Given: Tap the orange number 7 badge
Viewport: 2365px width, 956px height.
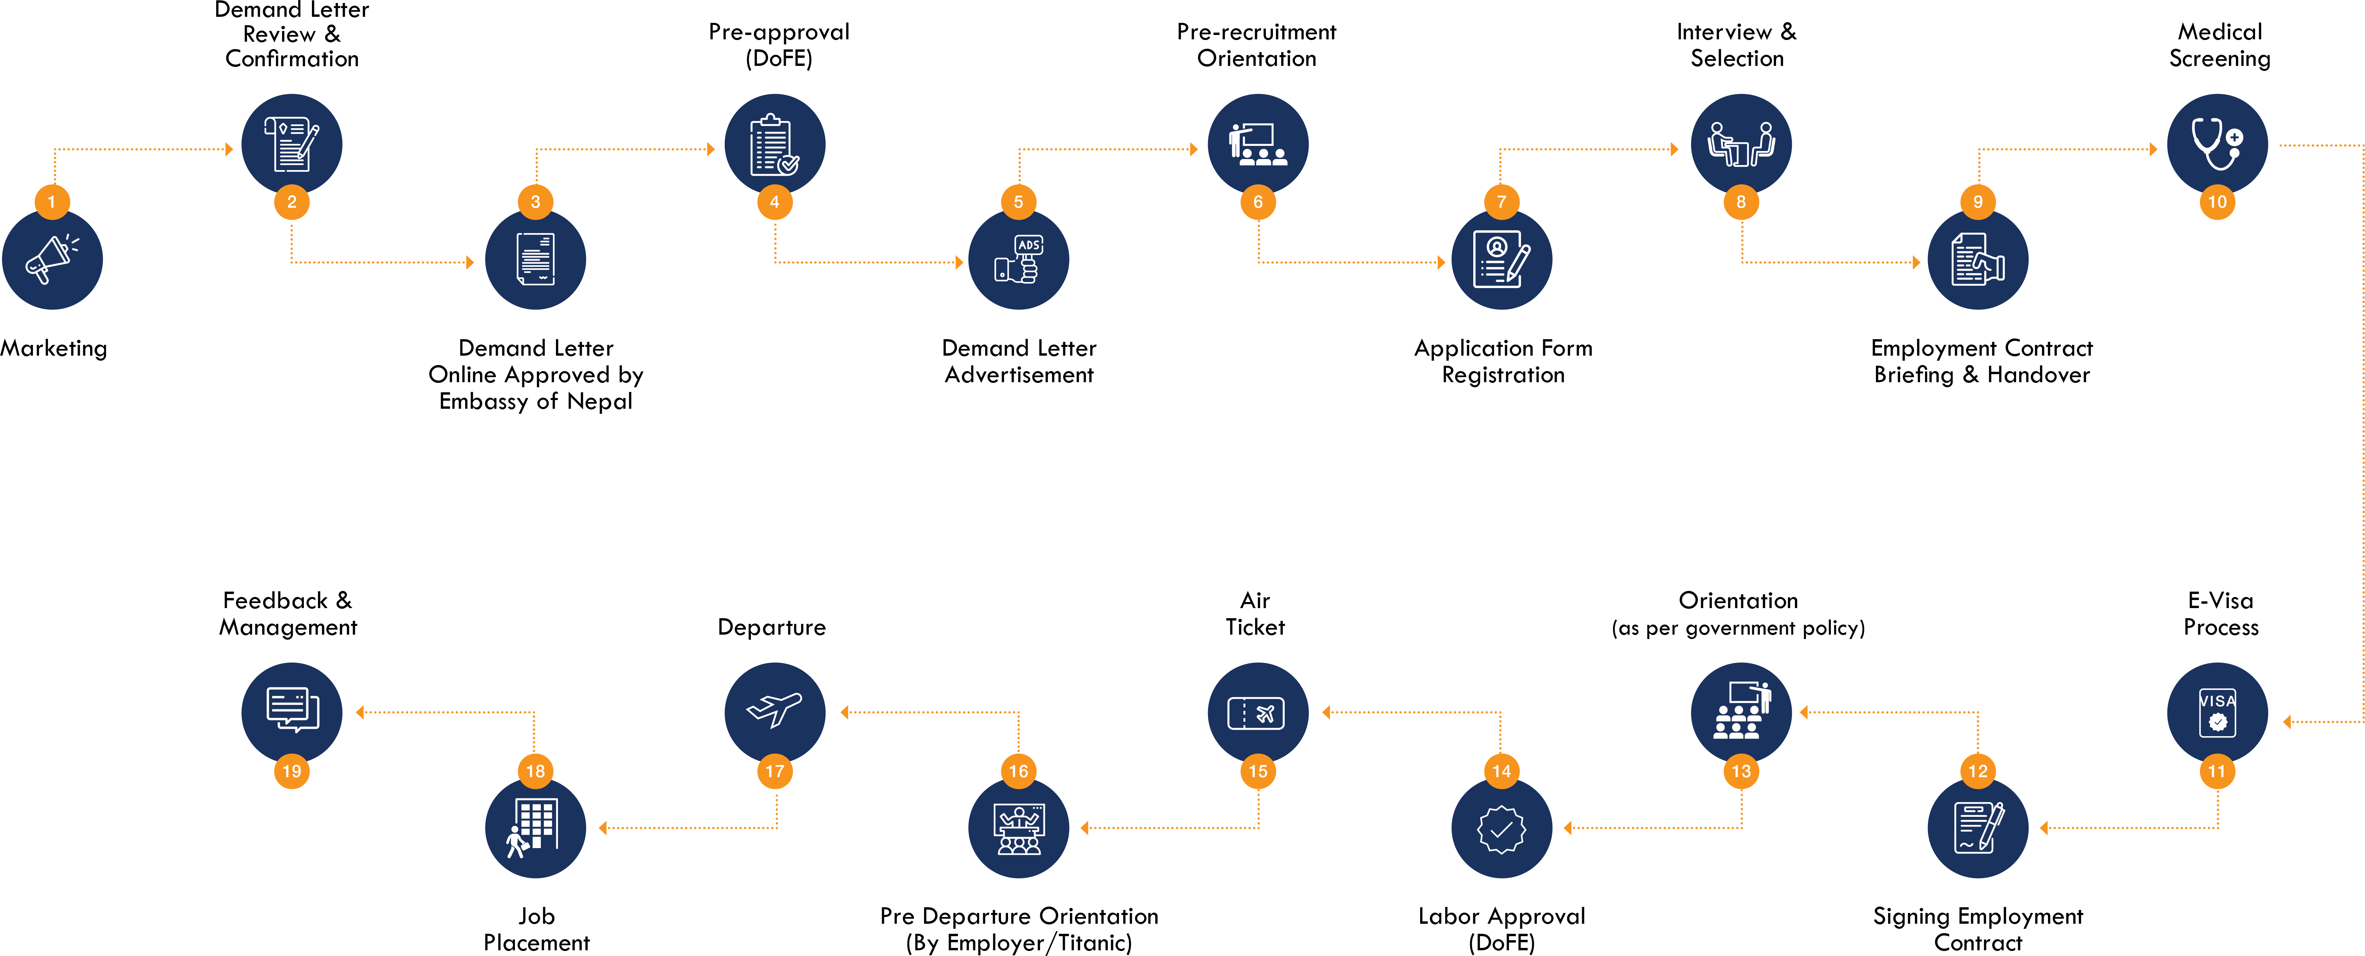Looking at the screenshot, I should (1501, 202).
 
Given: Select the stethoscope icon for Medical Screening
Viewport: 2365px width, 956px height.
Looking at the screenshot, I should (2217, 144).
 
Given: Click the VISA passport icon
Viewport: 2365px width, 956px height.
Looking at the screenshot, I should (2217, 713).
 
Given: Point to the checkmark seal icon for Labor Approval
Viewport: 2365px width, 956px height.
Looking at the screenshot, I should (1501, 829).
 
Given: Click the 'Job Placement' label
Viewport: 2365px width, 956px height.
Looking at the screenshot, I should (536, 929).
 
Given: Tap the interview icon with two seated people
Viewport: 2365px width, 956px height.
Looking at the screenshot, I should (1741, 144).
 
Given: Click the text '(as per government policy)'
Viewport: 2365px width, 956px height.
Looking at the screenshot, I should (1738, 628).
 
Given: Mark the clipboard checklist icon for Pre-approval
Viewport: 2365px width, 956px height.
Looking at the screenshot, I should (774, 144).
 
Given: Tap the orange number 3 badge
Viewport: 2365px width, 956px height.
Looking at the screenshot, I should (535, 202).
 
